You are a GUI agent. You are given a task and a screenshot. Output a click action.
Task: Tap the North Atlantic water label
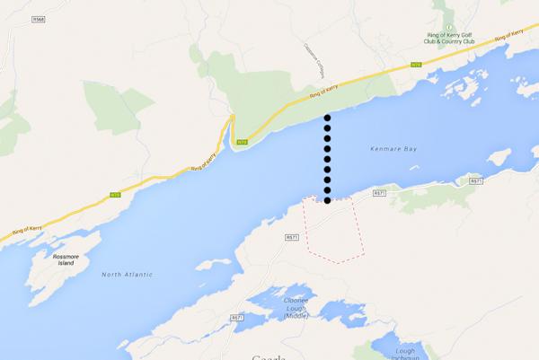point(127,274)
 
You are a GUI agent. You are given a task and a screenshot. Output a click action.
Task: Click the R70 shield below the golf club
point(415,65)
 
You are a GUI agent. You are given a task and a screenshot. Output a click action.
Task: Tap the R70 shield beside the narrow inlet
point(241,142)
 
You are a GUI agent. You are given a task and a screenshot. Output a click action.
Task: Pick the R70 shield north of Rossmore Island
point(114,193)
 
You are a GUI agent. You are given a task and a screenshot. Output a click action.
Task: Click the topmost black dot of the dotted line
point(328,119)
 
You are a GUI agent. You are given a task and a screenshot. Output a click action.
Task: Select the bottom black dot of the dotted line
point(328,200)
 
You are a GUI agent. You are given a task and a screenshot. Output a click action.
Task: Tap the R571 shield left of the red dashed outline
point(290,237)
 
